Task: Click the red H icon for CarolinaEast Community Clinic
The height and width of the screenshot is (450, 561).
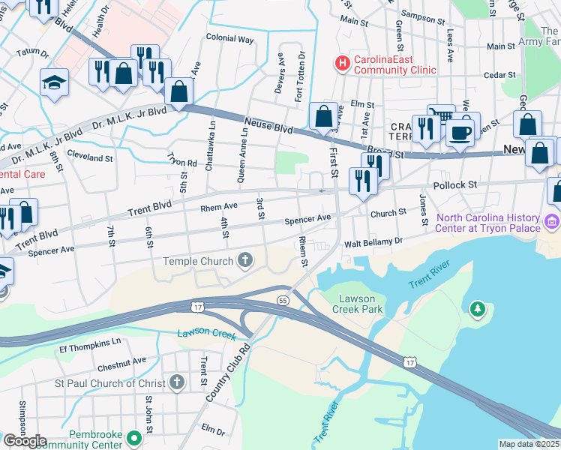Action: [x=343, y=63]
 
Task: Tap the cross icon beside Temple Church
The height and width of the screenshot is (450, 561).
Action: [x=244, y=261]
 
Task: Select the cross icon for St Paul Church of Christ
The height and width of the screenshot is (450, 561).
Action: [x=176, y=383]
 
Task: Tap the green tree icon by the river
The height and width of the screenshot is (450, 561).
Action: [x=477, y=308]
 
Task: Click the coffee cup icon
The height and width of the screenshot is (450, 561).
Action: [x=459, y=133]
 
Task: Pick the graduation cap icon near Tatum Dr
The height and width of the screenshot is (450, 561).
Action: [x=55, y=82]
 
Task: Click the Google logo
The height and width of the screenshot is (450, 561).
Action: [x=24, y=440]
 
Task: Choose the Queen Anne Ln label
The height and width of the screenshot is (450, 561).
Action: [x=242, y=154]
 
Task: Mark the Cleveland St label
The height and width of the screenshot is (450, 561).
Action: [x=89, y=159]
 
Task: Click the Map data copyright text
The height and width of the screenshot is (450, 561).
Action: [x=529, y=444]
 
